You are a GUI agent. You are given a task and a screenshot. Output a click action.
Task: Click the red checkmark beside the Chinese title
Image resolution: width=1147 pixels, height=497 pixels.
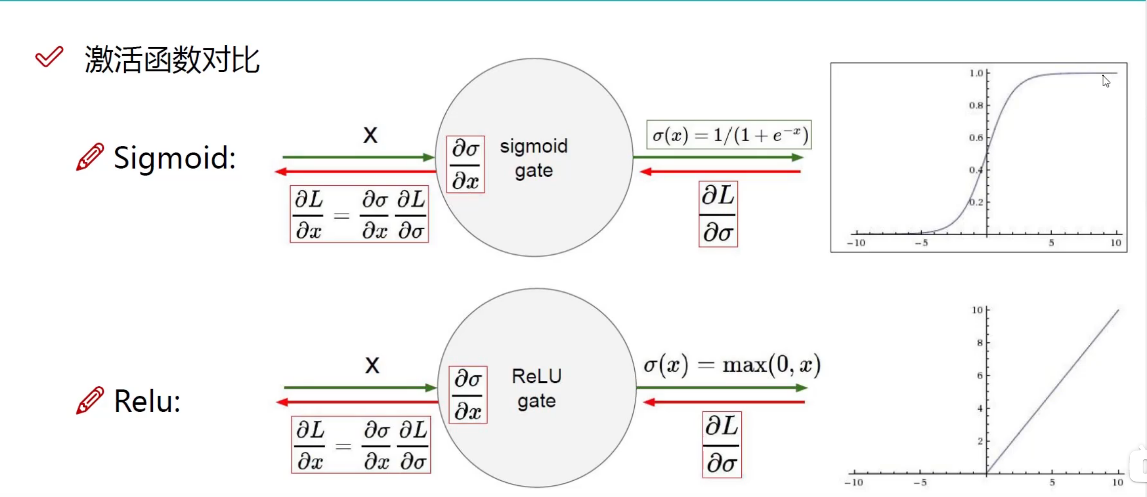point(49,57)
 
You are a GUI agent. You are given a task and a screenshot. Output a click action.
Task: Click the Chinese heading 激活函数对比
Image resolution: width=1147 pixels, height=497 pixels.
point(172,60)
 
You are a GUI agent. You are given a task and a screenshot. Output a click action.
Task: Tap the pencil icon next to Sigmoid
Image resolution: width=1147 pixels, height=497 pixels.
point(90,157)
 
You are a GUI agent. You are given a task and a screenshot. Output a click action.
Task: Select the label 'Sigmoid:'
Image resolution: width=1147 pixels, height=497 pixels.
point(174,158)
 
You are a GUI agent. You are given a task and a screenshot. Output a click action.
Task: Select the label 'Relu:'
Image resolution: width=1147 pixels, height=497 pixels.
point(147,401)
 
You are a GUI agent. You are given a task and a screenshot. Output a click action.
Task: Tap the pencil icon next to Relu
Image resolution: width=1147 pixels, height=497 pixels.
point(90,400)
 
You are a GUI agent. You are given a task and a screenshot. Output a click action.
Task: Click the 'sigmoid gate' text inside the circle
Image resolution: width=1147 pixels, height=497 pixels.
point(534,158)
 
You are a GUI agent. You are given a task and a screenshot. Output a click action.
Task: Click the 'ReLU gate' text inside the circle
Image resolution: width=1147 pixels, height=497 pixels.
point(537,389)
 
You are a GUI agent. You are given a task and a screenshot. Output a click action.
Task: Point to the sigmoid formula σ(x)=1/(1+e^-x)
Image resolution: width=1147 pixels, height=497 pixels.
point(729,135)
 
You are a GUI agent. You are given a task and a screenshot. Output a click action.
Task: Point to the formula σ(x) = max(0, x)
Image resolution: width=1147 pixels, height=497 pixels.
point(732,365)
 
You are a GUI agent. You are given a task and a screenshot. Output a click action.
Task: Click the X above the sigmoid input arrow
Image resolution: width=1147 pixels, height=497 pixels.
point(370,135)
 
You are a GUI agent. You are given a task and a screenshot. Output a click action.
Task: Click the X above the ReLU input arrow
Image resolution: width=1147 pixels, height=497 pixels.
point(372,365)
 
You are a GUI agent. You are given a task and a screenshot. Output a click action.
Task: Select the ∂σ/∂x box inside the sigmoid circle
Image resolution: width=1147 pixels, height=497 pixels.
point(465,165)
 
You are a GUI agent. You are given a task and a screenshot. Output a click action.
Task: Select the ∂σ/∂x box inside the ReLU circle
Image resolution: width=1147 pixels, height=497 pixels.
point(468,395)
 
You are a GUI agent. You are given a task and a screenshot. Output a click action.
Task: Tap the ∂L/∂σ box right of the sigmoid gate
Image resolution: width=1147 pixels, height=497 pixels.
point(718,214)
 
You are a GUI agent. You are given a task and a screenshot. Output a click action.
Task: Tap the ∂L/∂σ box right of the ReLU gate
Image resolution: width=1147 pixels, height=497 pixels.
point(722,445)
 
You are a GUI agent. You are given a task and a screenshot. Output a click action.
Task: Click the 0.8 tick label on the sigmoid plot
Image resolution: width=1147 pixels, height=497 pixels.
point(976,105)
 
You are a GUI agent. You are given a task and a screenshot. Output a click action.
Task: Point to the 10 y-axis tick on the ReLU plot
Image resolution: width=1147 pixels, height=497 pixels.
point(977,310)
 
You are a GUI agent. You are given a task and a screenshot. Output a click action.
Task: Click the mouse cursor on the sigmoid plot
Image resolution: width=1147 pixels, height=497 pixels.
point(1106,81)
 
